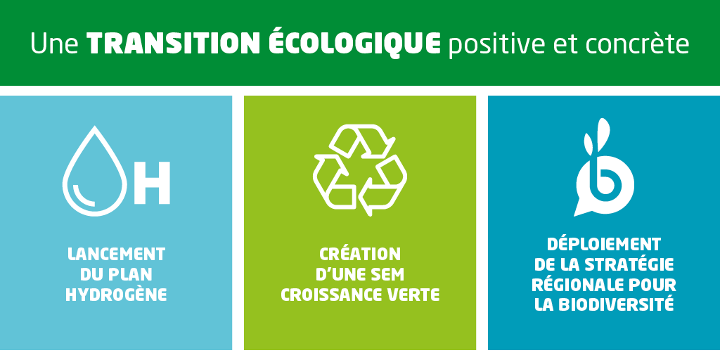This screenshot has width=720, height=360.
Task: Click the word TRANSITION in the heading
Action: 174,44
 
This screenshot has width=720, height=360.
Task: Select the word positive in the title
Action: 502,44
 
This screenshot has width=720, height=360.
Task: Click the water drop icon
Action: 95,171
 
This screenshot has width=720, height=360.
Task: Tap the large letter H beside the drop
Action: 152,183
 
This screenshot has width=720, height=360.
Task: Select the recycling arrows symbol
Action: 359,170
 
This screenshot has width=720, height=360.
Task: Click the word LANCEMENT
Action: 116,254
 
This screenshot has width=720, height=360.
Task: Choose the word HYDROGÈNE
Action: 116,295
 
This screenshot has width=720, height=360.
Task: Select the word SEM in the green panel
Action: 388,274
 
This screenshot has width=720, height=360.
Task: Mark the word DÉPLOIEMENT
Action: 604,243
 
